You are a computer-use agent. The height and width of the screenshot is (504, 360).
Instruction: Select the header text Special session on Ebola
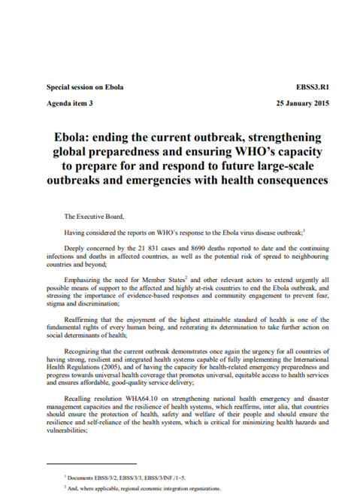pyautogui.click(x=85, y=87)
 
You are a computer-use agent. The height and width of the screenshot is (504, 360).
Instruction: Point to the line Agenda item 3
pyautogui.click(x=69, y=102)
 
